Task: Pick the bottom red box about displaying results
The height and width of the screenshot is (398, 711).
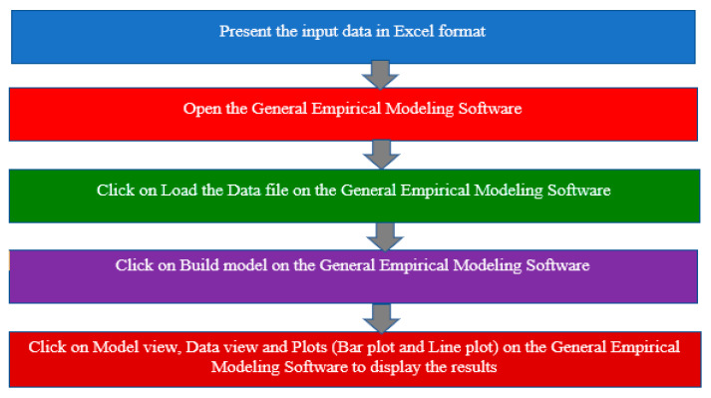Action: tap(354, 357)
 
